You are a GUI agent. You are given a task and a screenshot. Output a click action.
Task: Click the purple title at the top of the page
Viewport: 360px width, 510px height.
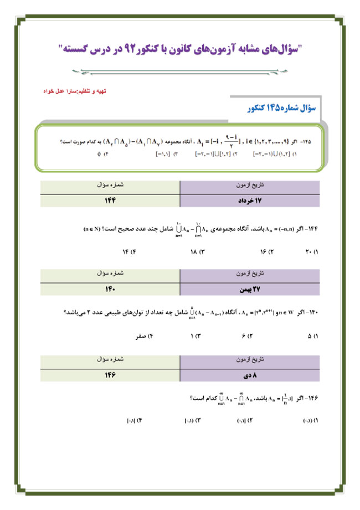coord(179,48)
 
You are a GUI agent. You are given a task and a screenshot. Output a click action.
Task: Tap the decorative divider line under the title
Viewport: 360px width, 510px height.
coord(179,70)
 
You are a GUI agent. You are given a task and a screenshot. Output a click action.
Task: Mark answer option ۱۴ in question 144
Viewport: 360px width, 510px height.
coord(128,252)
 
